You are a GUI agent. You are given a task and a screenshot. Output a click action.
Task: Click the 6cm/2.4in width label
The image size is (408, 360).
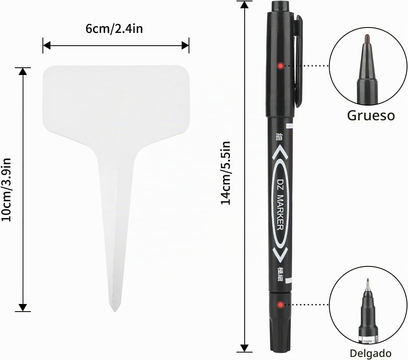pos(114,29)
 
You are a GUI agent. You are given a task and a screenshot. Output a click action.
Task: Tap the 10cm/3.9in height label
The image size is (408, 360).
pos(6,190)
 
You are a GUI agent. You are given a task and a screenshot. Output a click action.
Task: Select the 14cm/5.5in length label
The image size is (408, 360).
pos(225,173)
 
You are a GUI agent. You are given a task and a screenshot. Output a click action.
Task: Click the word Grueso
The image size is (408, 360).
pos(371,116)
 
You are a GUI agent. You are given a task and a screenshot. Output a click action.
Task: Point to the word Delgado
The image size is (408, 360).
pos(371,353)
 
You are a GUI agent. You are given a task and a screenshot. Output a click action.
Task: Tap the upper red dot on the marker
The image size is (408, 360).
pos(281,66)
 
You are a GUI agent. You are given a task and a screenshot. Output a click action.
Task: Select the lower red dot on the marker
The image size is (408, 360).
pos(281,305)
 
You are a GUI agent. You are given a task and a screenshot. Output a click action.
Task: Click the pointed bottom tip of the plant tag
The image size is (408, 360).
pos(115,311)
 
